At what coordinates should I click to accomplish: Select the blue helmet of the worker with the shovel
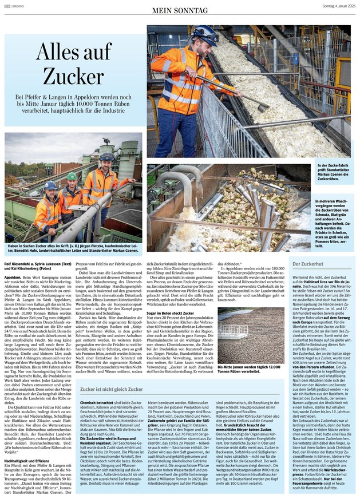click(x=205, y=33)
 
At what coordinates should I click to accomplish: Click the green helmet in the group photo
click(x=72, y=176)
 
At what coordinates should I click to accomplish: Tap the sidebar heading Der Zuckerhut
click(x=308, y=264)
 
